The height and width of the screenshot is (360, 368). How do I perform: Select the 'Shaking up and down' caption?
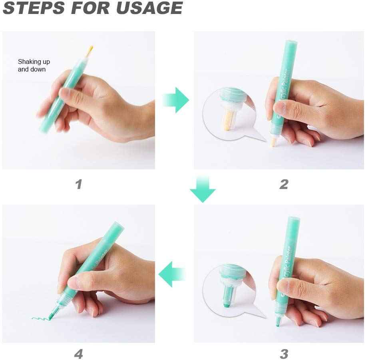pos(34,66)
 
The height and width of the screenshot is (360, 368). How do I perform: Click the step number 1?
pos(79,184)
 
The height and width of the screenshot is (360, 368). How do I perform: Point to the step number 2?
pos(284,184)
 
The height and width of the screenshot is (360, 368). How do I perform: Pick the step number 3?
pos(284,354)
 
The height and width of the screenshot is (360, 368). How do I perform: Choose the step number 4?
pos(79,354)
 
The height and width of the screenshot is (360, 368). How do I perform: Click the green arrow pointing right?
pos(176,100)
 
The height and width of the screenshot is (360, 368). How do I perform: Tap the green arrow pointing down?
pos(203,189)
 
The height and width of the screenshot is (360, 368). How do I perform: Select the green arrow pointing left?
pos(172,274)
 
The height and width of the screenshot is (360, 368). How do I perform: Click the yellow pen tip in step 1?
pos(90,51)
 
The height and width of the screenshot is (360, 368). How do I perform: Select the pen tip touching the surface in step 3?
pos(278,322)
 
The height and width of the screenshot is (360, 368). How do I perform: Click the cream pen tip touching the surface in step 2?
pos(273,142)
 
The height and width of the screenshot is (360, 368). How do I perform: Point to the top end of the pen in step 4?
pos(119,225)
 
